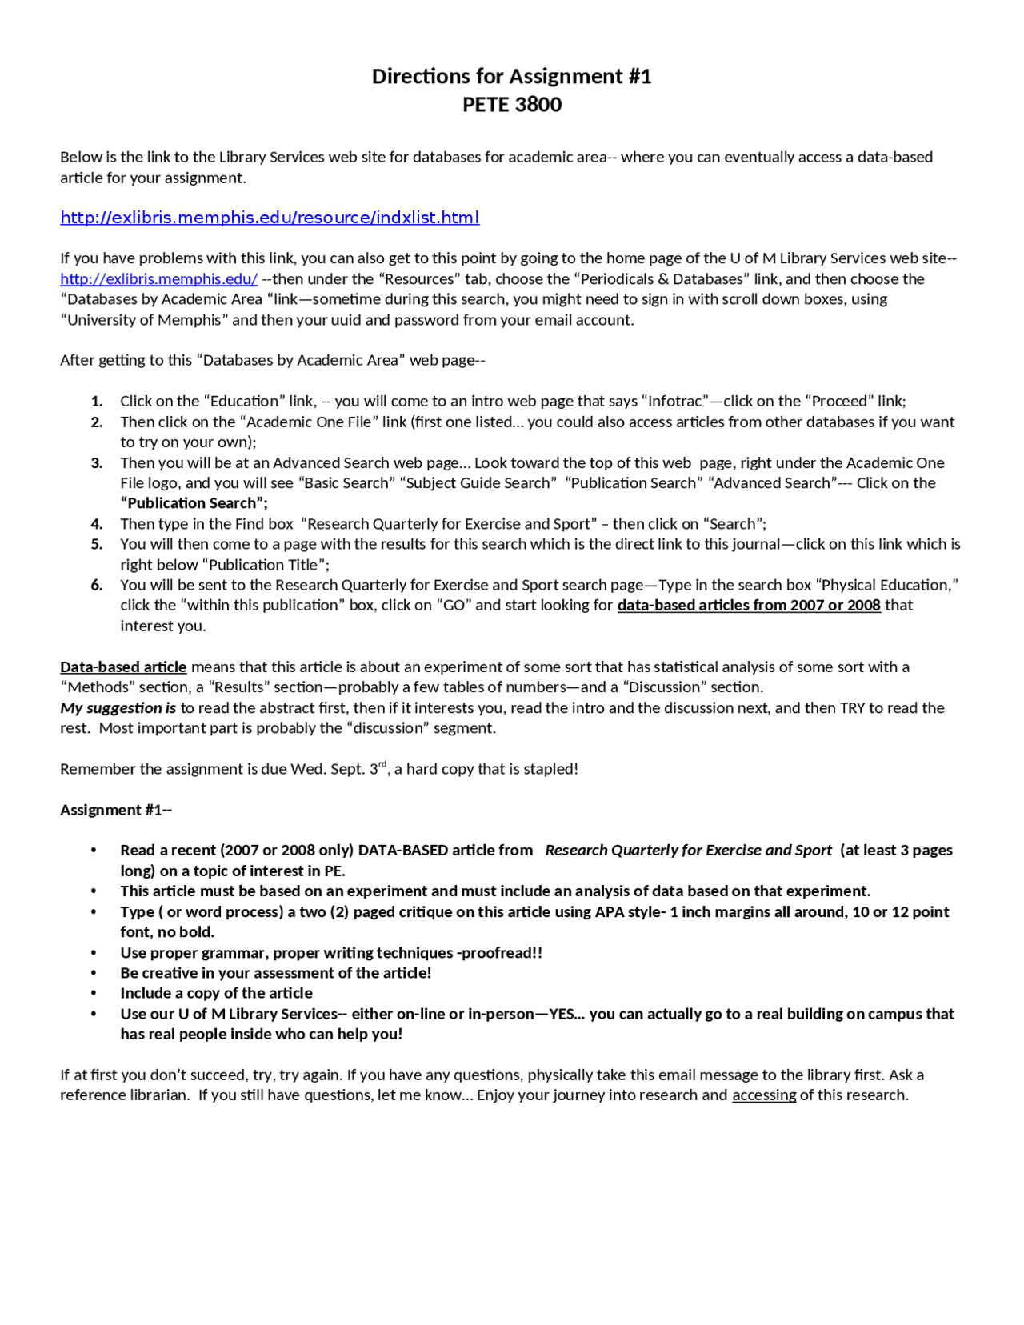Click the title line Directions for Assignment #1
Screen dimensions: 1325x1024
coord(511,76)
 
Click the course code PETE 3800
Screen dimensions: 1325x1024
coord(511,105)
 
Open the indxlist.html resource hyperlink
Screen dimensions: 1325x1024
coord(270,218)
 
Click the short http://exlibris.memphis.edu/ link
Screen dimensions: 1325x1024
coord(158,279)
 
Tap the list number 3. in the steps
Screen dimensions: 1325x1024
coord(97,462)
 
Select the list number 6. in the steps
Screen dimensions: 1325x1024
coord(97,585)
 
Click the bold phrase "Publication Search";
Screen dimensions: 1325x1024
coord(194,503)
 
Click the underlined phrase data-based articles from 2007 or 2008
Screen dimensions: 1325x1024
coord(748,606)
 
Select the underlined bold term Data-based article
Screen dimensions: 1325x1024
coord(123,667)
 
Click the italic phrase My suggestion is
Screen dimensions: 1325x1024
coord(118,708)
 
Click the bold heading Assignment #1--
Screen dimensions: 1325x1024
coord(116,810)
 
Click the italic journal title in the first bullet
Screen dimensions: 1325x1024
coord(688,851)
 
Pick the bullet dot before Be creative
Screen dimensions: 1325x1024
coord(94,973)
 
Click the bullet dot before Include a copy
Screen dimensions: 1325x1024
coord(94,993)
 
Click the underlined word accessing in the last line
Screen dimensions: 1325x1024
coord(763,1095)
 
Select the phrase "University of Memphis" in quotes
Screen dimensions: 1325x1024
coord(144,320)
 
